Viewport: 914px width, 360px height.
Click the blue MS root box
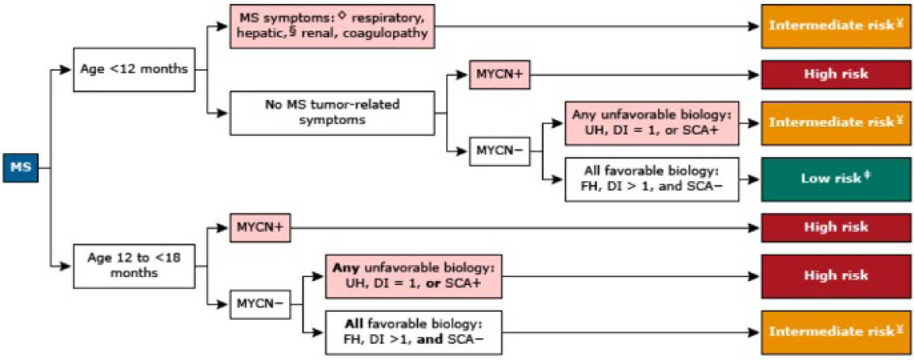point(19,168)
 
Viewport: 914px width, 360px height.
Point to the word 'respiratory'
point(387,17)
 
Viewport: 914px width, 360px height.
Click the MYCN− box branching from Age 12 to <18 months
point(259,303)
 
